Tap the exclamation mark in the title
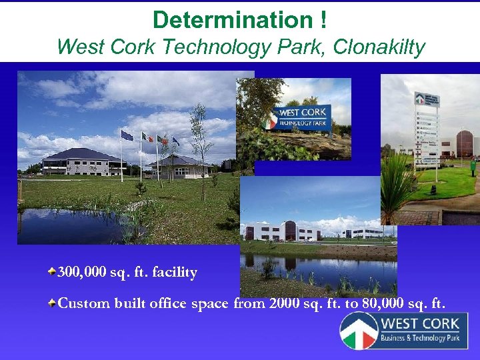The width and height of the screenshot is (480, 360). coord(322,20)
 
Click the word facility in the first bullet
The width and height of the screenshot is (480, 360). coord(175,272)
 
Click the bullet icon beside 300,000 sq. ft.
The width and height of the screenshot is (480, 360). coord(51,271)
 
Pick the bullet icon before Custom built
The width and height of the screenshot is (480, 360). coord(51,303)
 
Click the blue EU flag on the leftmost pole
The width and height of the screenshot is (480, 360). coord(127,135)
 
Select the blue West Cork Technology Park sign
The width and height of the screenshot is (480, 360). coord(303,118)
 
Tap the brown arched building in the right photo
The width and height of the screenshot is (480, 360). coord(464,143)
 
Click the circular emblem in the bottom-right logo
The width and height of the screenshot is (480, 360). coord(359,331)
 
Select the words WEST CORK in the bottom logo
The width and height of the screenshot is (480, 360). coord(419,323)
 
